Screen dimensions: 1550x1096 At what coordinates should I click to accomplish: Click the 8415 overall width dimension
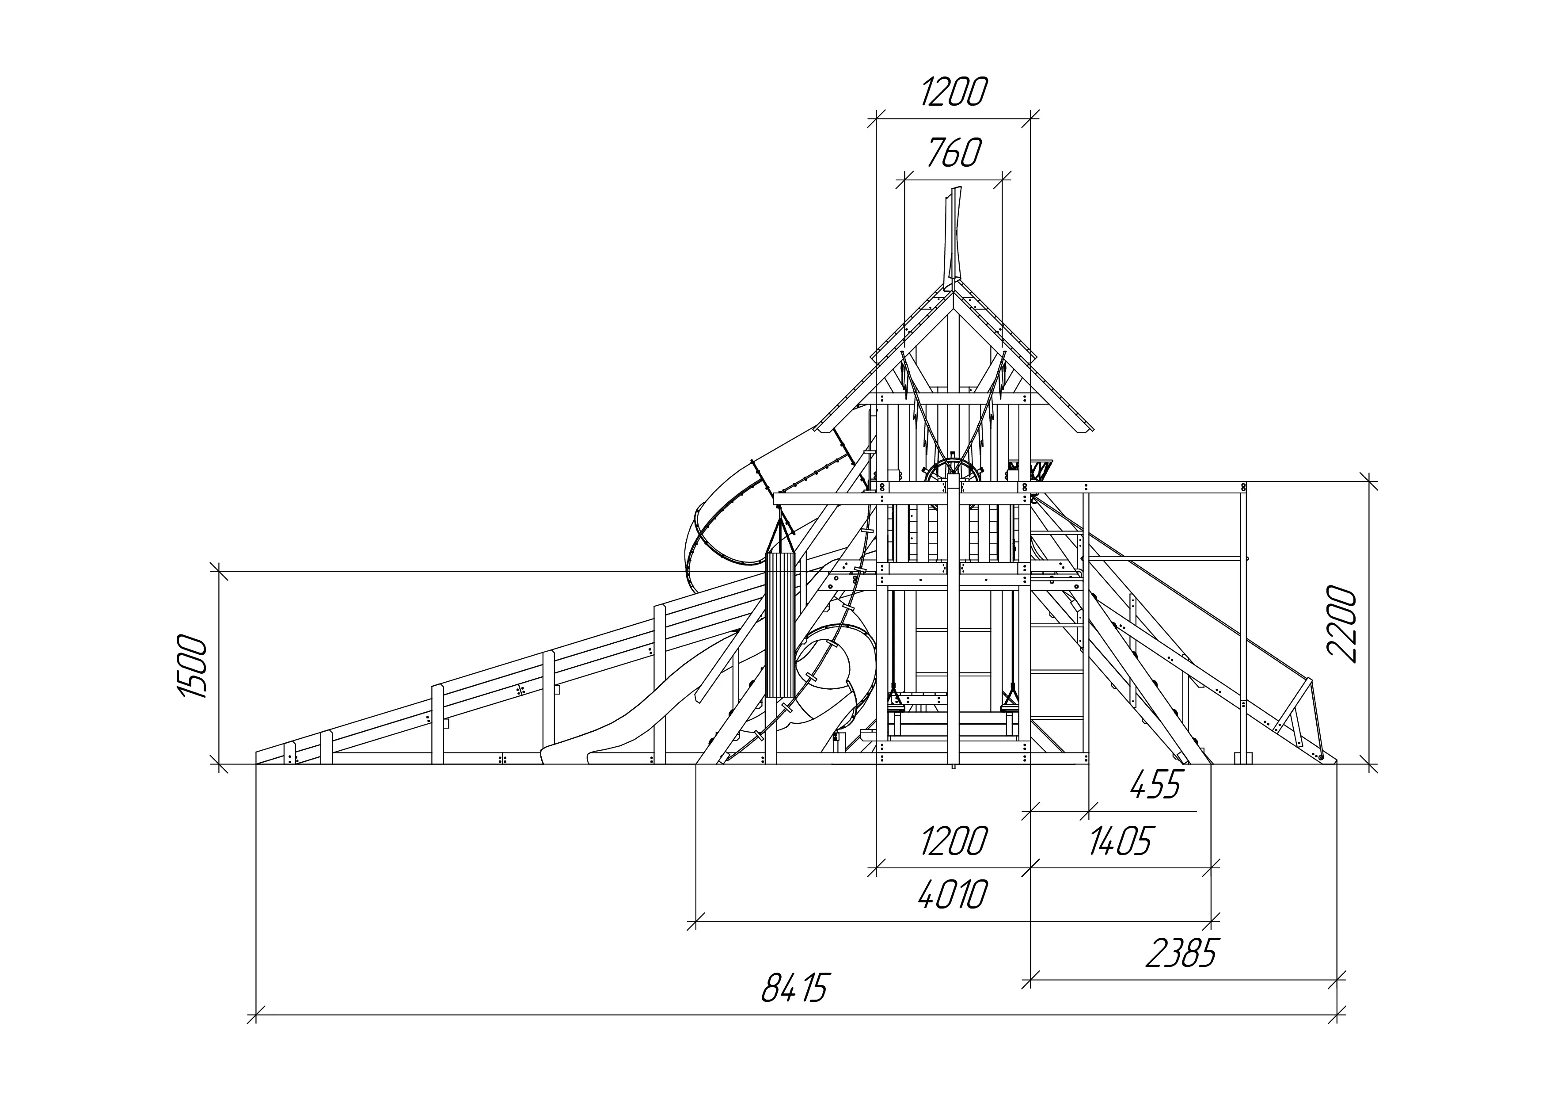tap(794, 988)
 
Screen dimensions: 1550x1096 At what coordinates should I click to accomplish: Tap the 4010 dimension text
tap(953, 894)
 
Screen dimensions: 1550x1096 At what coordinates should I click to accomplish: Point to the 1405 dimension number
tap(1121, 841)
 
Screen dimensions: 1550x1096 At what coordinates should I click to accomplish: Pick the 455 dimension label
tap(1156, 785)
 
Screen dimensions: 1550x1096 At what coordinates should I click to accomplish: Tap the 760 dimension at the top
tap(953, 153)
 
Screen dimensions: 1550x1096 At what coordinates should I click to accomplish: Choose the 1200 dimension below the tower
tap(953, 841)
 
